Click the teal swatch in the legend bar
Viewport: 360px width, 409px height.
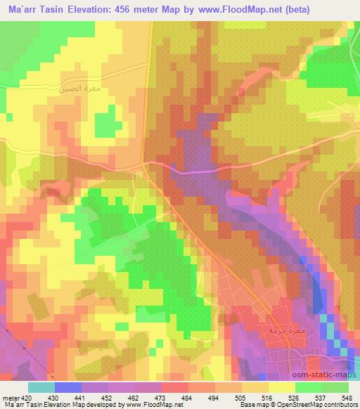[x=41, y=387]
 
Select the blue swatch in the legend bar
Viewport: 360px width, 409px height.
[x=68, y=387]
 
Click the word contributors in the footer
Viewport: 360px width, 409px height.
[x=336, y=404]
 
